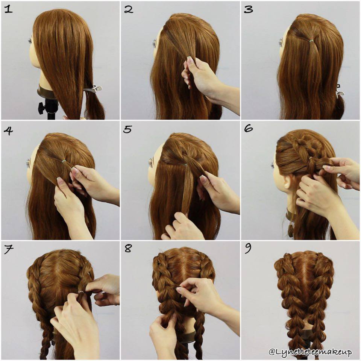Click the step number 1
[x=8, y=9]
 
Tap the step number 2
[x=129, y=9]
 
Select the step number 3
[x=248, y=9]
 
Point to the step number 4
[x=8, y=130]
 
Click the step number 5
[x=128, y=129]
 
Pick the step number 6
[x=248, y=129]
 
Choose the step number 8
[x=128, y=249]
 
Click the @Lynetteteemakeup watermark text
[x=310, y=352]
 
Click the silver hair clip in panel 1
[x=92, y=89]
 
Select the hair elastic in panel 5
[x=185, y=164]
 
